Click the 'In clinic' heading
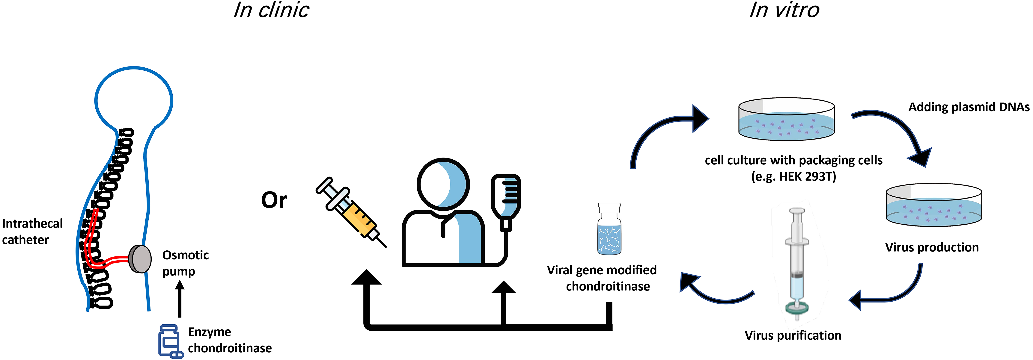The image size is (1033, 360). pyautogui.click(x=271, y=10)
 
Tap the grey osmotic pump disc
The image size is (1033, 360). pyautogui.click(x=140, y=259)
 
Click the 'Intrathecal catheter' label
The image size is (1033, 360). pyautogui.click(x=32, y=231)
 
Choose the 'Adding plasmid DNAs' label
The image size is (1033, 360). pyautogui.click(x=969, y=107)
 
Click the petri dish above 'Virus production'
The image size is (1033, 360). pyautogui.click(x=933, y=205)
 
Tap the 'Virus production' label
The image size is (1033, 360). pyautogui.click(x=932, y=247)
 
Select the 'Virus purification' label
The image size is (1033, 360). pyautogui.click(x=793, y=335)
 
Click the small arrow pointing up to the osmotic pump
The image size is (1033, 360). pyautogui.click(x=180, y=299)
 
